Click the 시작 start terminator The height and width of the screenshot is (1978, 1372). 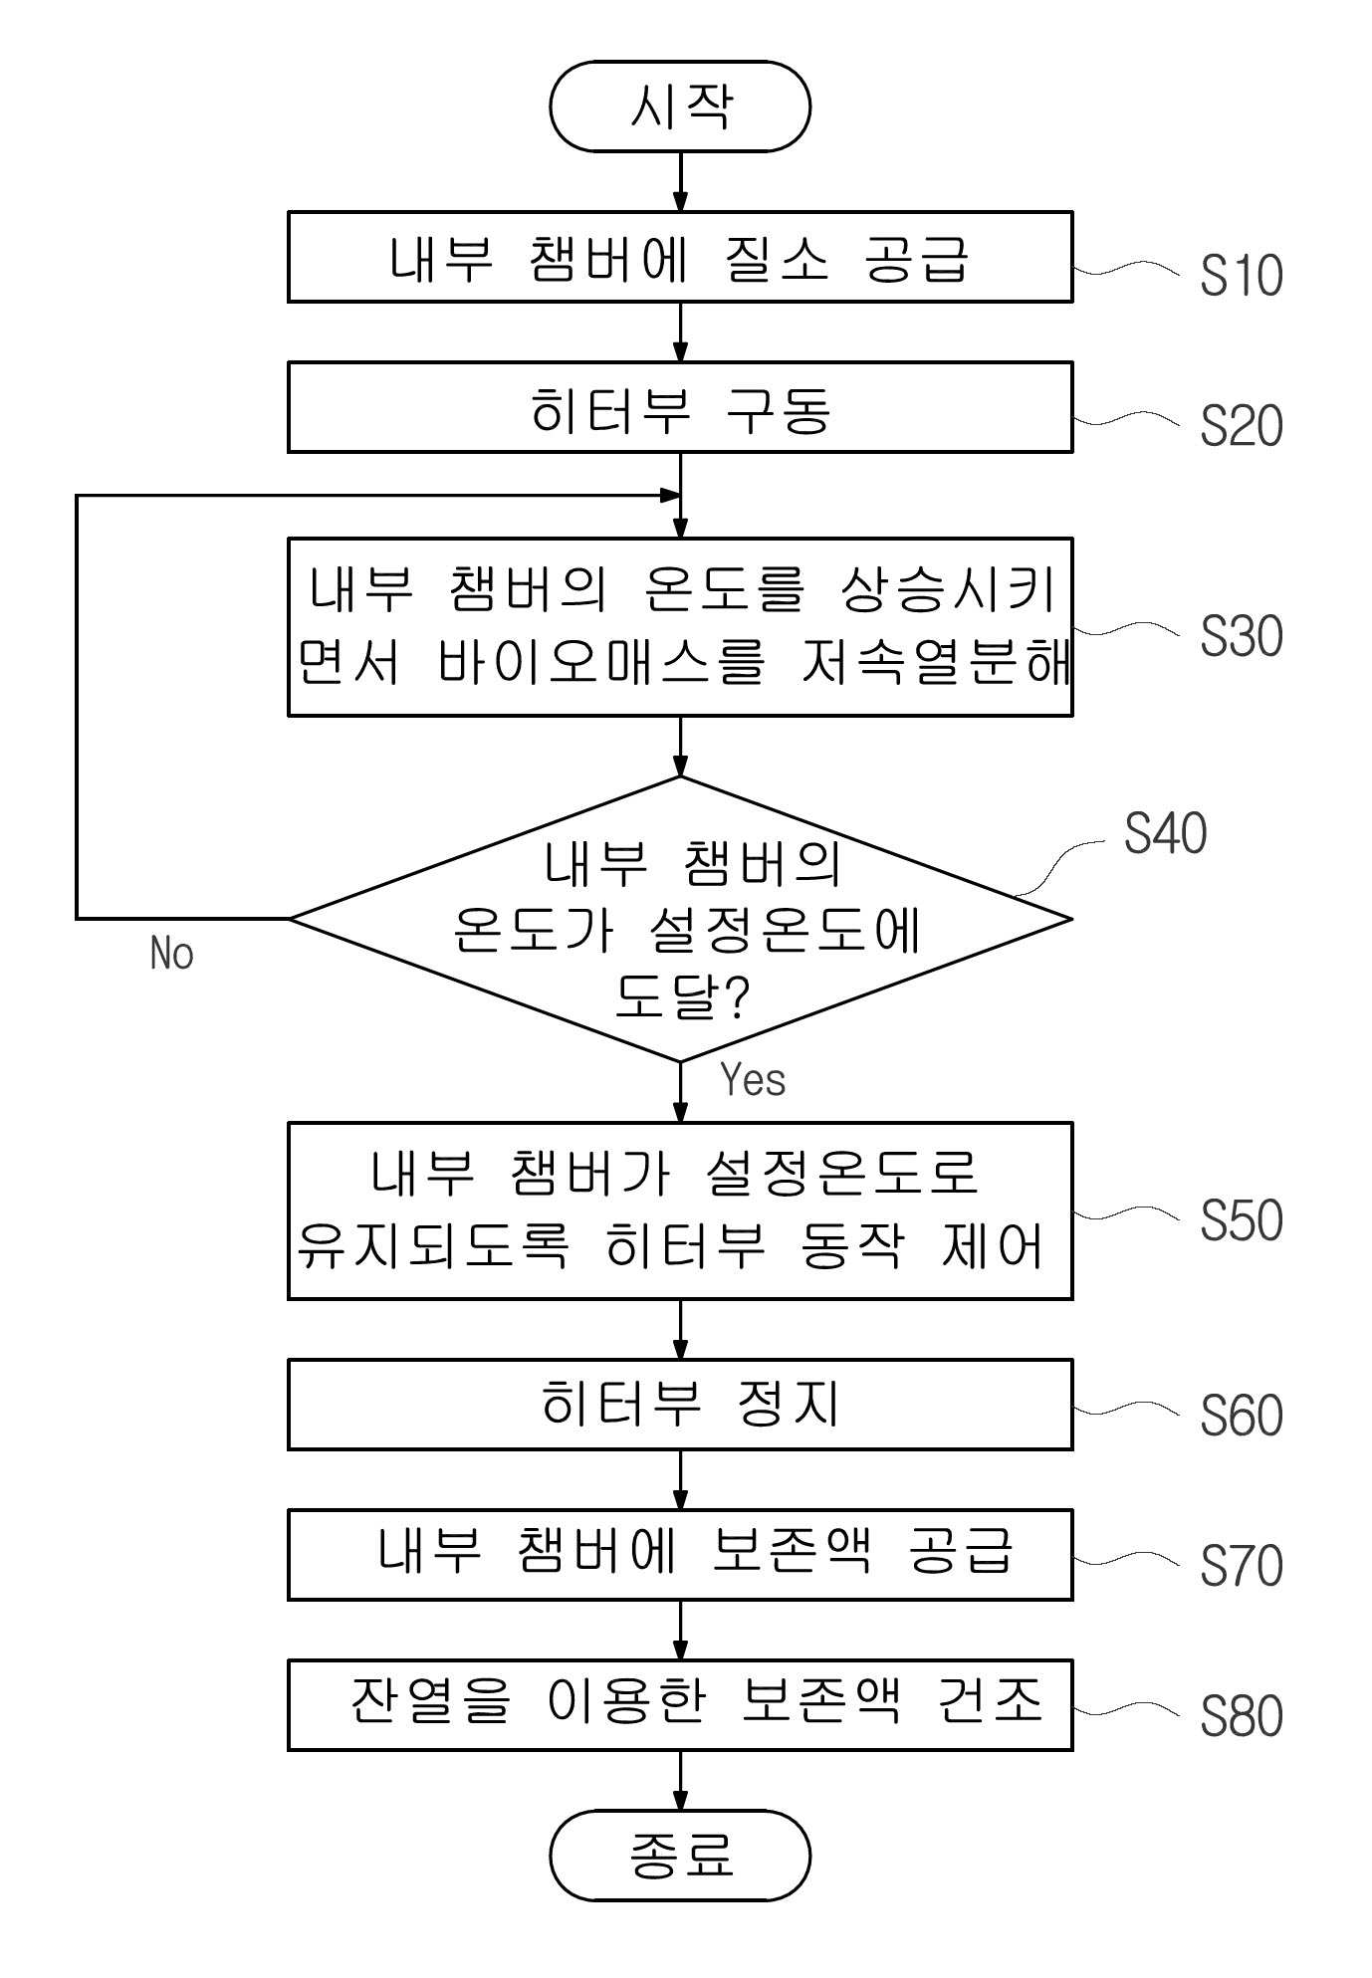click(680, 107)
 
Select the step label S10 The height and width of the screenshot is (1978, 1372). click(1242, 276)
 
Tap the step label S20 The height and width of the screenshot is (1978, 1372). click(1242, 426)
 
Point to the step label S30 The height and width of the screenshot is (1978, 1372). click(1242, 636)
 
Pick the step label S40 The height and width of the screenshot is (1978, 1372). click(1166, 833)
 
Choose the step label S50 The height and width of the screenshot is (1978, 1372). click(1242, 1220)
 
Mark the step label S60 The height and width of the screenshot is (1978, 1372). click(1242, 1416)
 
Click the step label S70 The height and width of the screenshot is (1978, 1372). click(1242, 1566)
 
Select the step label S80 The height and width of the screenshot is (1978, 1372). click(1242, 1716)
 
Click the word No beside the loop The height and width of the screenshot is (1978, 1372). click(171, 954)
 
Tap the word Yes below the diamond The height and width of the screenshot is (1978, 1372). click(753, 1080)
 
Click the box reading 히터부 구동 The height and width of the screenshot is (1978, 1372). click(680, 407)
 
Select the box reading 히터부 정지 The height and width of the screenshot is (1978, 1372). click(680, 1405)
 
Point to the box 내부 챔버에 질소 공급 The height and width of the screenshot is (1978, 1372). click(680, 257)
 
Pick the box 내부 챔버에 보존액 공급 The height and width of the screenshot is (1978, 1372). click(680, 1555)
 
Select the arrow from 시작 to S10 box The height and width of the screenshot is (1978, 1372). click(680, 181)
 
